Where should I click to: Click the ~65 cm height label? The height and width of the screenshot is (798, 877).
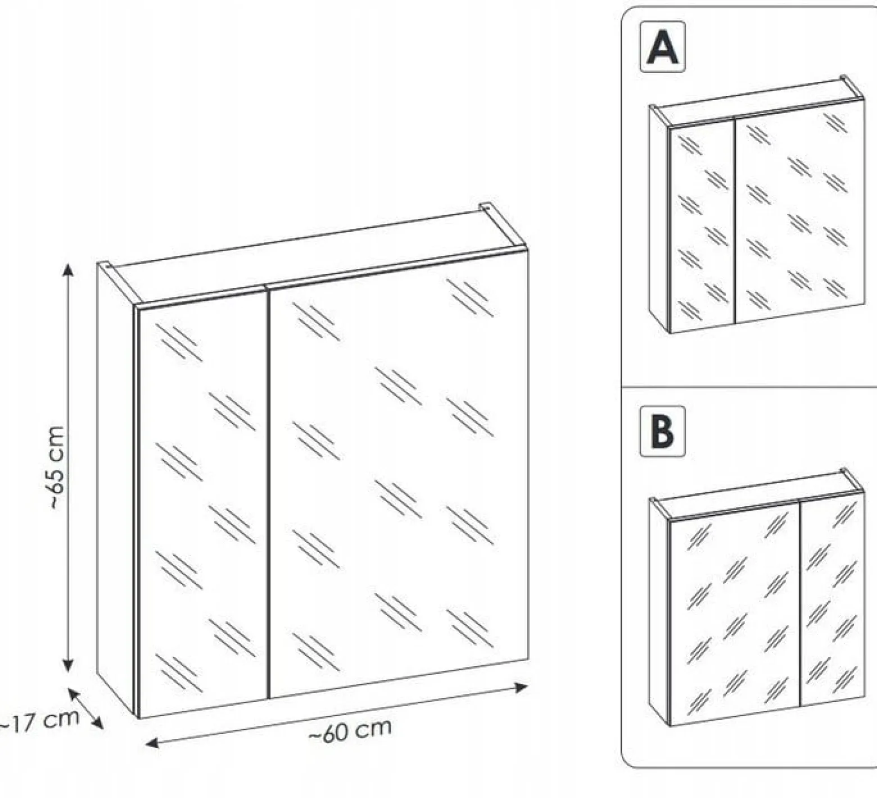[56, 467]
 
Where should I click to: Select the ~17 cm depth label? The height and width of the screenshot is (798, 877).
[38, 721]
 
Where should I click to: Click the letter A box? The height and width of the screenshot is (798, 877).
[663, 47]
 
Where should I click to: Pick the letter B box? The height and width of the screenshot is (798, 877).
[663, 431]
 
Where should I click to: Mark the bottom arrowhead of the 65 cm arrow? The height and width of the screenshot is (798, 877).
[68, 665]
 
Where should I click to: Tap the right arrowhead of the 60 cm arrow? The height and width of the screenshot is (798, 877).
[522, 687]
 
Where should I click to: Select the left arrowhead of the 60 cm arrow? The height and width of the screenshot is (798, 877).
[152, 744]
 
